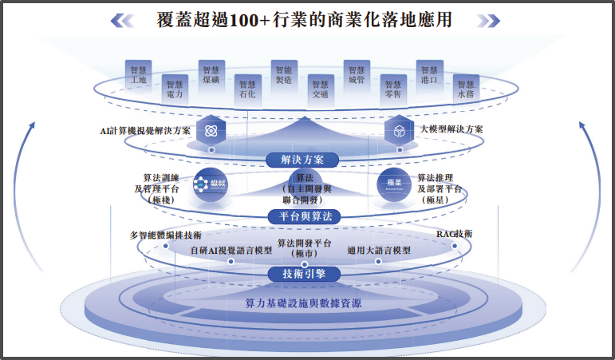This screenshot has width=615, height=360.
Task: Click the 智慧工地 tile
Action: (139, 74)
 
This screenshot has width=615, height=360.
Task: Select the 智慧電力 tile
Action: (175, 89)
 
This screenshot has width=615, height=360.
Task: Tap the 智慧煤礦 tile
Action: (211, 74)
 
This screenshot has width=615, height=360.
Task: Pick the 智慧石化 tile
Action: (247, 89)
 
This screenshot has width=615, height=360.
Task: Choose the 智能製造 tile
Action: (283, 74)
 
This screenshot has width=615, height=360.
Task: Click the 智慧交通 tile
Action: (320, 89)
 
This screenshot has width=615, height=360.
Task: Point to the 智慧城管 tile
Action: (356, 74)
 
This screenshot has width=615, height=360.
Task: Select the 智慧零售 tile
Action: (392, 89)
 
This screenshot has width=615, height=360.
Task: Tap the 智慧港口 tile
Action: (428, 74)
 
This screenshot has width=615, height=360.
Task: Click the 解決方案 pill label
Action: (303, 160)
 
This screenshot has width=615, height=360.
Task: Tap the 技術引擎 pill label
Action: (304, 274)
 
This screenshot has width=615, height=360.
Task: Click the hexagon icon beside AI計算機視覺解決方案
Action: (211, 130)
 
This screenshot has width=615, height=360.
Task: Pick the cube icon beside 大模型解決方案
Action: (396, 130)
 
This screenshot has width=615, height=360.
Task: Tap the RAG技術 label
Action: (454, 234)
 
